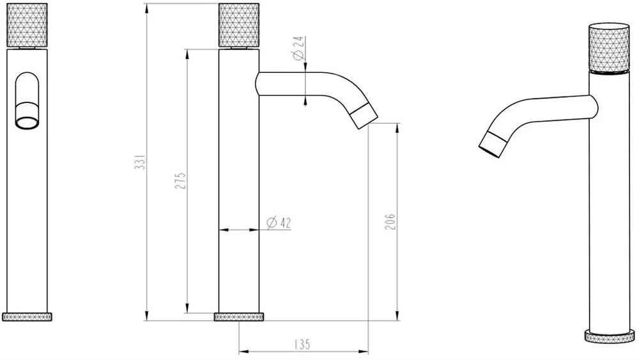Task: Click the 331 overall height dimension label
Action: pyautogui.click(x=140, y=162)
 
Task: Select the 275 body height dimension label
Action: pyautogui.click(x=180, y=180)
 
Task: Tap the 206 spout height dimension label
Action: pyautogui.click(x=390, y=221)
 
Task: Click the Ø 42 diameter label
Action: pyautogui.click(x=279, y=223)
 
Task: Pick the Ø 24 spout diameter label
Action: pyautogui.click(x=298, y=48)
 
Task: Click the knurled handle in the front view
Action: pyautogui.click(x=27, y=25)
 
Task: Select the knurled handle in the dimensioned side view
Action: pyautogui.click(x=239, y=25)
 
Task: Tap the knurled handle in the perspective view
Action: pyautogui.click(x=609, y=48)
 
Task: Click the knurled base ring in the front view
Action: pyautogui.click(x=27, y=317)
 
